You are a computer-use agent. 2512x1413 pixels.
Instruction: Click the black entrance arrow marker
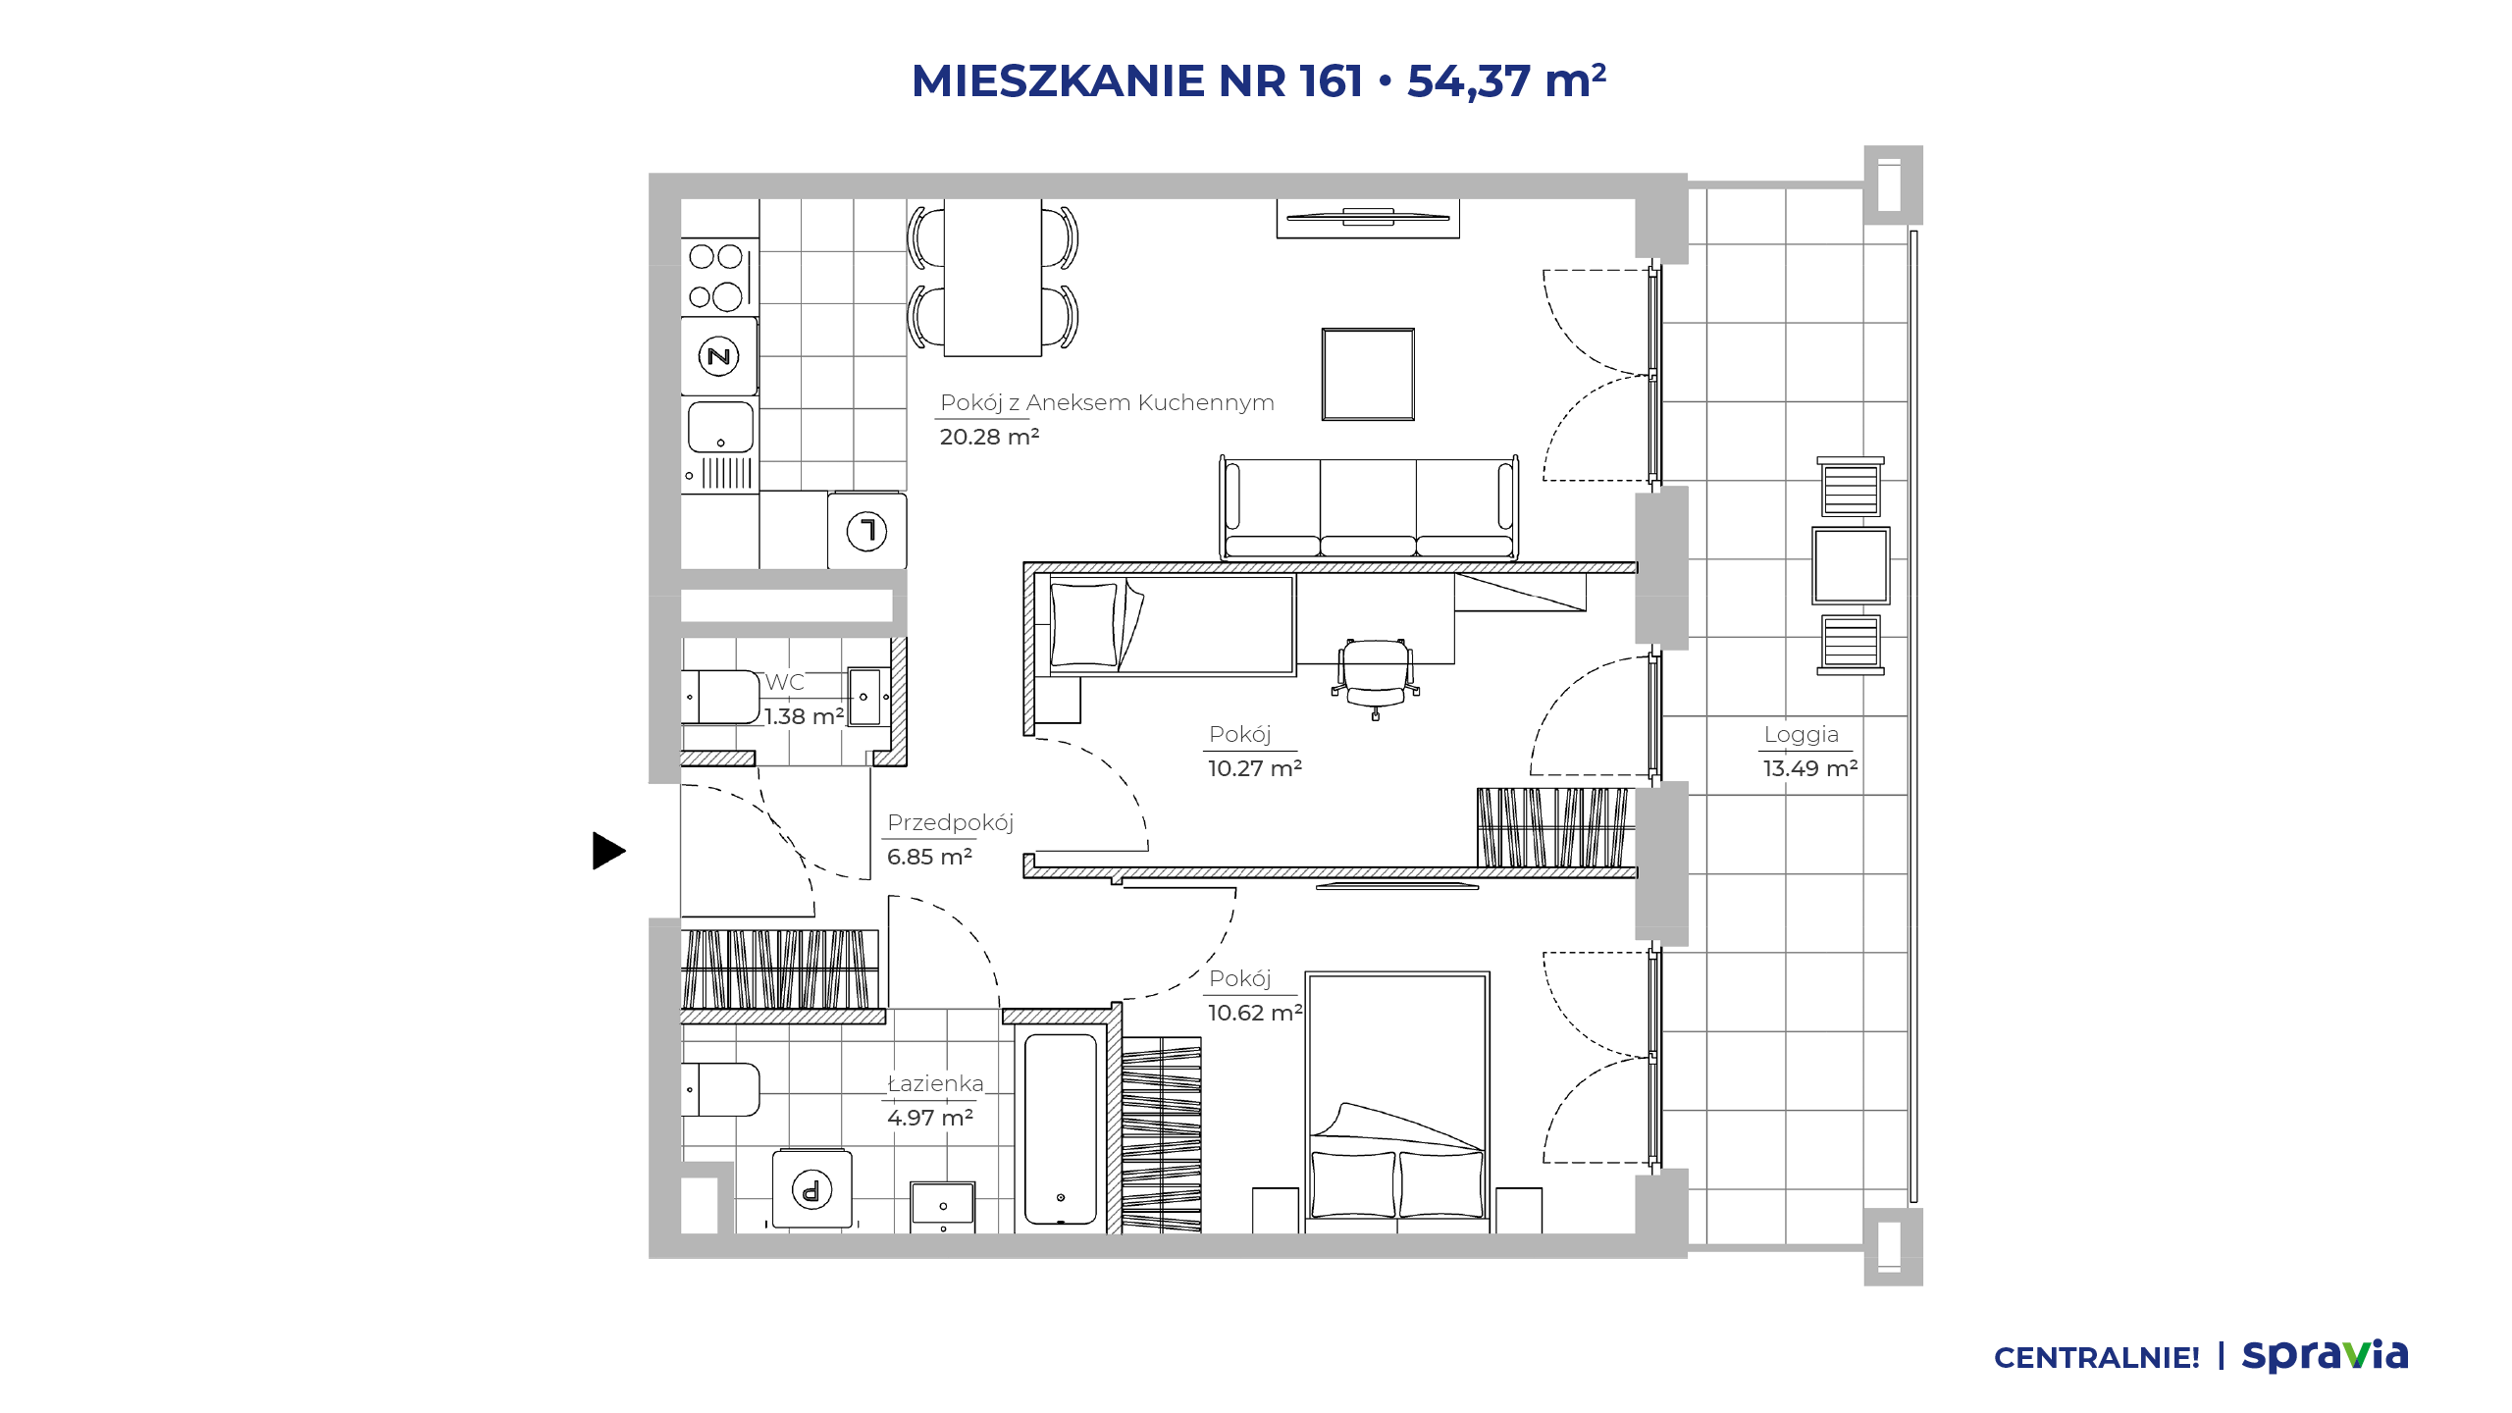(608, 851)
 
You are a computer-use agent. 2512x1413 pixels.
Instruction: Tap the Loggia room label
(1801, 734)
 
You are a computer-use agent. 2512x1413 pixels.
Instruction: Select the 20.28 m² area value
(989, 437)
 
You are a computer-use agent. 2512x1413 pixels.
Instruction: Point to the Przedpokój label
(950, 822)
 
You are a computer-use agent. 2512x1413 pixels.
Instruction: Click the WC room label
(784, 682)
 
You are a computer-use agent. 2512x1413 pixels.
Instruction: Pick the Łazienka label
(935, 1083)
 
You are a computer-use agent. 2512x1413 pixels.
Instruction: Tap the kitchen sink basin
(720, 427)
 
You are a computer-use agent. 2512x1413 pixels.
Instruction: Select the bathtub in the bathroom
(1061, 1128)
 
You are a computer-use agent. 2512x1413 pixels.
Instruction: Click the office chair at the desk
(1375, 675)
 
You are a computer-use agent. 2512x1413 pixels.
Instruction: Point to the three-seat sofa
(1369, 507)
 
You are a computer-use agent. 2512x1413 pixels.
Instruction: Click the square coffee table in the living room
(1368, 374)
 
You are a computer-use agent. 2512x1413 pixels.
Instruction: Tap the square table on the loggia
(1851, 566)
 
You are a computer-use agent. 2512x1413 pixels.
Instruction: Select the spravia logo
(2325, 1355)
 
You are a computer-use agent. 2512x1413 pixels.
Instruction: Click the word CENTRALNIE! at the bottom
(2097, 1358)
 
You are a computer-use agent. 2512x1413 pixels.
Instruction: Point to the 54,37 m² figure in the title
(1506, 80)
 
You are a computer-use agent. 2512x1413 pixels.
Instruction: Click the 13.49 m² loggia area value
(1810, 768)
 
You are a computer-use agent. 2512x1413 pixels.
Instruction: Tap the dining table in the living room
(993, 278)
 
